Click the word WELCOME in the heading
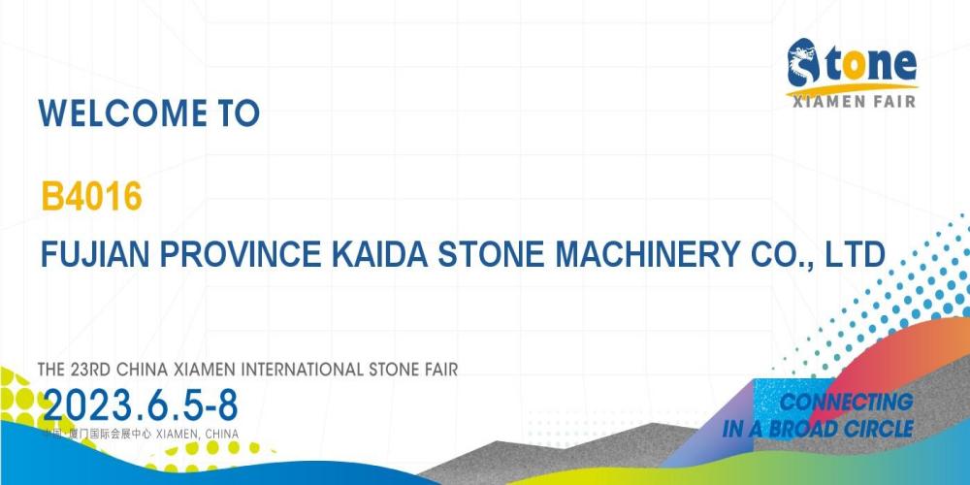(x=122, y=113)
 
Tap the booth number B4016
(x=91, y=197)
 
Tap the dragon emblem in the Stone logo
(x=803, y=62)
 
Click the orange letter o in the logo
(x=852, y=64)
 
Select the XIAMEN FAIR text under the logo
(x=854, y=102)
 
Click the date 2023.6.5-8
(x=141, y=405)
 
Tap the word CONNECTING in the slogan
(x=846, y=403)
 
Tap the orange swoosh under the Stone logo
(x=852, y=89)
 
